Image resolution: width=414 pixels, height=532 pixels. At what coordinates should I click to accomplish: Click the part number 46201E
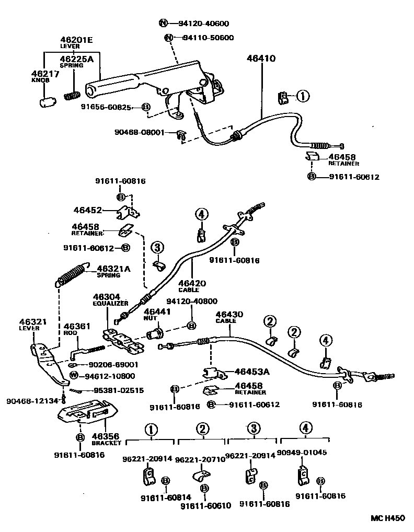coord(76,40)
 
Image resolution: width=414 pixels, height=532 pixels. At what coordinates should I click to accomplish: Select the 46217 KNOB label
coord(45,77)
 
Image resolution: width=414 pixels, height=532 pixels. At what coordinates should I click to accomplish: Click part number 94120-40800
coord(191,302)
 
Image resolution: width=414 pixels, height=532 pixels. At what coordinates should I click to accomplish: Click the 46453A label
coord(251,372)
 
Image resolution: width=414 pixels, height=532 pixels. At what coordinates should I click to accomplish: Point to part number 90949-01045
coord(302,453)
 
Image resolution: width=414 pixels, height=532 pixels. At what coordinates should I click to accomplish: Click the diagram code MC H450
coord(388,518)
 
